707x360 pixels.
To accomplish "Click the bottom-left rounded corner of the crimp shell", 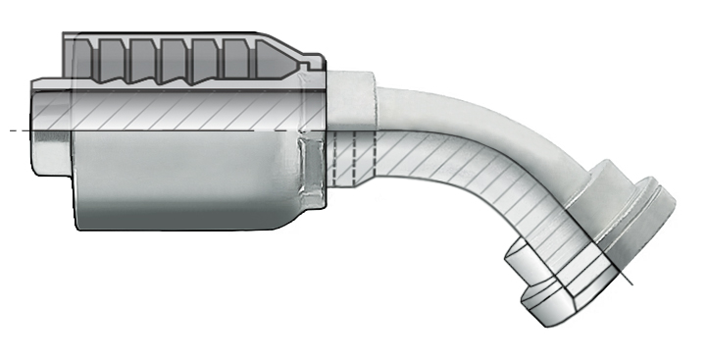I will tap(81, 224).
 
